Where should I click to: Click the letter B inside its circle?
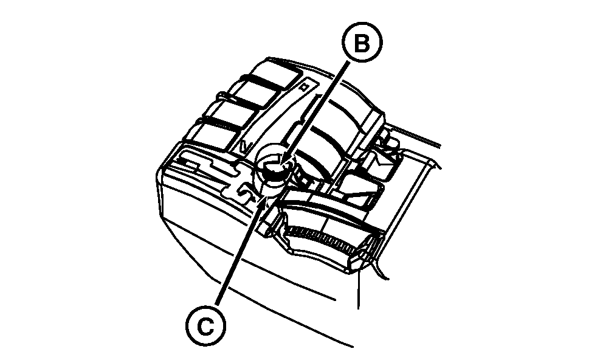(x=362, y=43)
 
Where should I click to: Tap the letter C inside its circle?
(x=206, y=327)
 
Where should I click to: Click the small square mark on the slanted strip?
(x=305, y=87)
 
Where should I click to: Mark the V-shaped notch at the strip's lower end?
(x=245, y=146)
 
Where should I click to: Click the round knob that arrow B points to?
(x=273, y=168)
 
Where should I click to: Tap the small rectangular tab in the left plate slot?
(x=191, y=164)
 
